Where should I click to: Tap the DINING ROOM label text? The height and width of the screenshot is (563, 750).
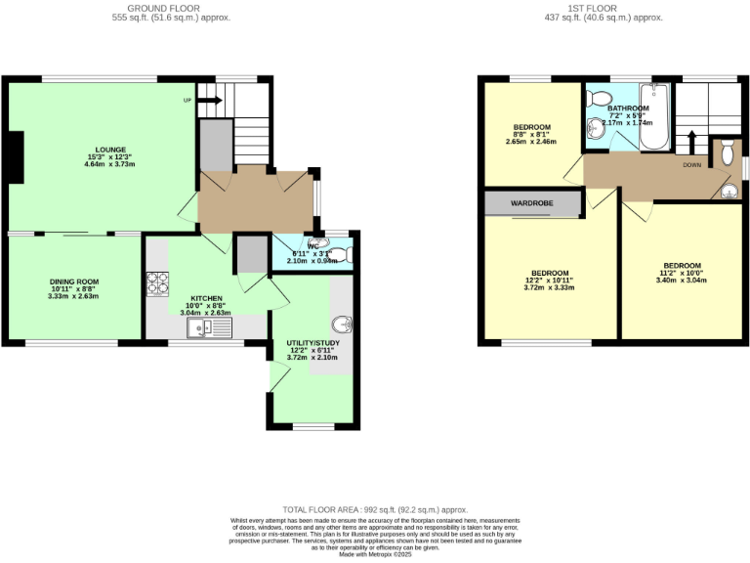coord(74,281)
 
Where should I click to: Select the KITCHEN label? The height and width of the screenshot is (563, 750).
coord(206,298)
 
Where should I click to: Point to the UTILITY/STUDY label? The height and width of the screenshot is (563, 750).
coord(312,342)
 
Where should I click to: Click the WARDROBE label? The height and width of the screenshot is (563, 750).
coord(533,204)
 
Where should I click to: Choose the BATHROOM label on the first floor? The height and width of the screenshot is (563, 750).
coord(630,108)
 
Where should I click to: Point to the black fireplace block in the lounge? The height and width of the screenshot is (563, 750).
coord(16,156)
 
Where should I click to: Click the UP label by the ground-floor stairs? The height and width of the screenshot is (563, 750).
coord(187,100)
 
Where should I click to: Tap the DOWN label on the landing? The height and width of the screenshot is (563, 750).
coord(691,165)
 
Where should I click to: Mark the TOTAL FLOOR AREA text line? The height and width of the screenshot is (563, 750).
coord(375,509)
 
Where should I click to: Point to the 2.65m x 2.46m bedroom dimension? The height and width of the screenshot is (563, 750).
coord(532,142)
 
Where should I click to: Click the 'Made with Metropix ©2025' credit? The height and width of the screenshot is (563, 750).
coord(375,555)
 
